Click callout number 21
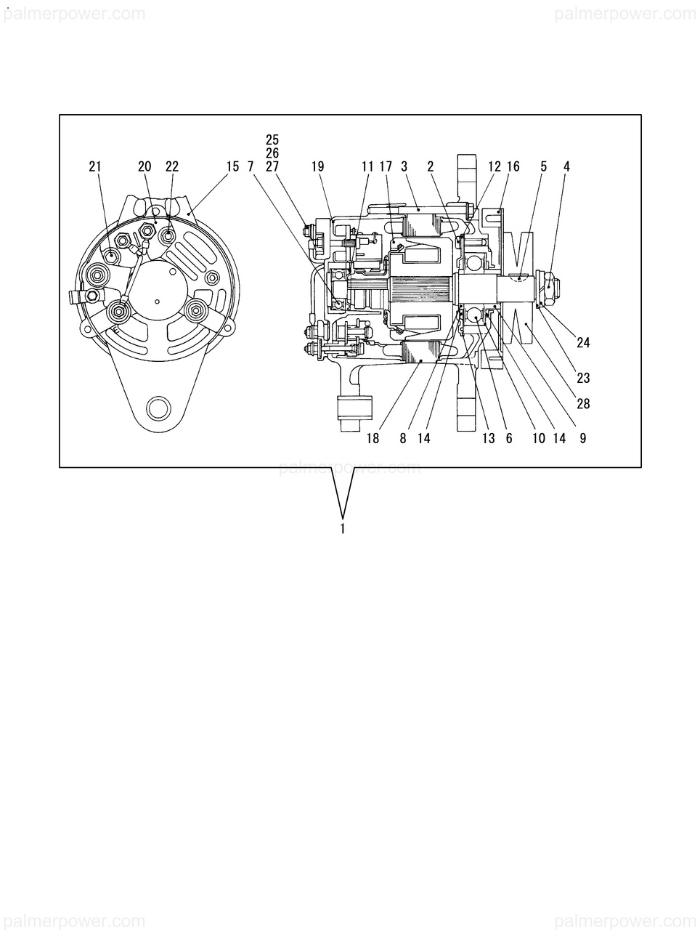[95, 166]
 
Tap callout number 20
[145, 166]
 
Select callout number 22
[171, 166]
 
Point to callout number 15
[232, 166]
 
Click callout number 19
[317, 166]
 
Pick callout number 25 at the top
[272, 139]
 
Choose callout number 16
[513, 166]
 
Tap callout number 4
[566, 166]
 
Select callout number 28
[583, 404]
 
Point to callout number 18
[373, 438]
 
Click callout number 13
[488, 438]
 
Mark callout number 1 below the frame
[342, 529]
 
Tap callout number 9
[583, 438]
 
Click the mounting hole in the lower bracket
[158, 408]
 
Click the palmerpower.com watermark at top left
[73, 14]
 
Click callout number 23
[583, 378]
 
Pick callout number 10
[538, 438]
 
